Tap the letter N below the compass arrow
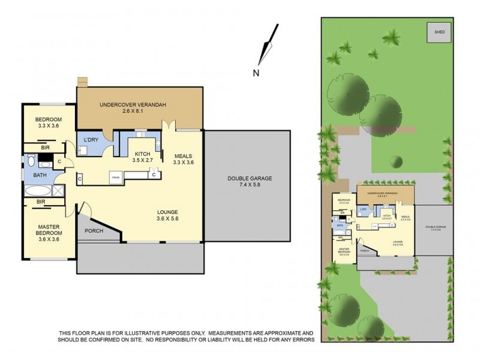(x=256, y=73)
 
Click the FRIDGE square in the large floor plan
(x=116, y=177)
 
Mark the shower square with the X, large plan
(x=58, y=191)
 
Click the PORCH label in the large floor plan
(x=94, y=231)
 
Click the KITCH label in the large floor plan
(x=143, y=153)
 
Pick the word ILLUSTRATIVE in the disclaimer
(x=154, y=332)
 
